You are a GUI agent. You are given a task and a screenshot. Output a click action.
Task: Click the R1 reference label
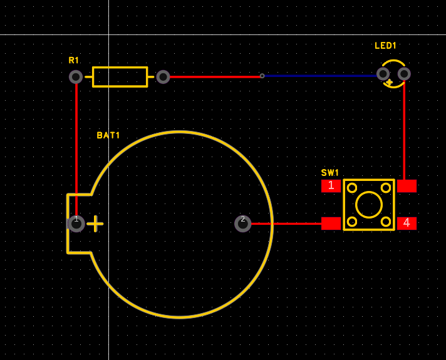74,61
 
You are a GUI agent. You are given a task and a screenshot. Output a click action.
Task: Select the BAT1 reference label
108,135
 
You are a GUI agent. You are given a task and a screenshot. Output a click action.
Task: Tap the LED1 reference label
385,46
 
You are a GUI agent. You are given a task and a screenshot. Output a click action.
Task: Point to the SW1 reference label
330,173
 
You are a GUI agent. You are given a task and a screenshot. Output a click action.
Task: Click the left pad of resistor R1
76,77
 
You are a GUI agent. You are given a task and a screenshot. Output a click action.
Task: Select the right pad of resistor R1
163,77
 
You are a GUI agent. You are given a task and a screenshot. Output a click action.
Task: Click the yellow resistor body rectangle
120,77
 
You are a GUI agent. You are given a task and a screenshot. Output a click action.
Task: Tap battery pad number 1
76,224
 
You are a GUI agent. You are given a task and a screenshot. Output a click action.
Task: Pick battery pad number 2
242,224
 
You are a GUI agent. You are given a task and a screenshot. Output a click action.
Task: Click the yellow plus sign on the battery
95,224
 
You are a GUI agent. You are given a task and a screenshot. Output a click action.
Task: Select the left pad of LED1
383,74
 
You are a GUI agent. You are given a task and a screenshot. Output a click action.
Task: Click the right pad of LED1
404,74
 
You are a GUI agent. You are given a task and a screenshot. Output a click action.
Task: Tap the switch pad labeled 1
331,186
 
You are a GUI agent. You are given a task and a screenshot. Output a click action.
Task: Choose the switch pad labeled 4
407,223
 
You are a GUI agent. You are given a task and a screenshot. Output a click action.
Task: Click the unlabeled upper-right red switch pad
407,186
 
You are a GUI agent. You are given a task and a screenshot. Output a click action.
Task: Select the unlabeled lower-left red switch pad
331,223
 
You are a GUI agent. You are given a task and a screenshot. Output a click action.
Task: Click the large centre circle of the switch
369,205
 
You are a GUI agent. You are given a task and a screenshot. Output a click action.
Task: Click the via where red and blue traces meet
262,76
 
